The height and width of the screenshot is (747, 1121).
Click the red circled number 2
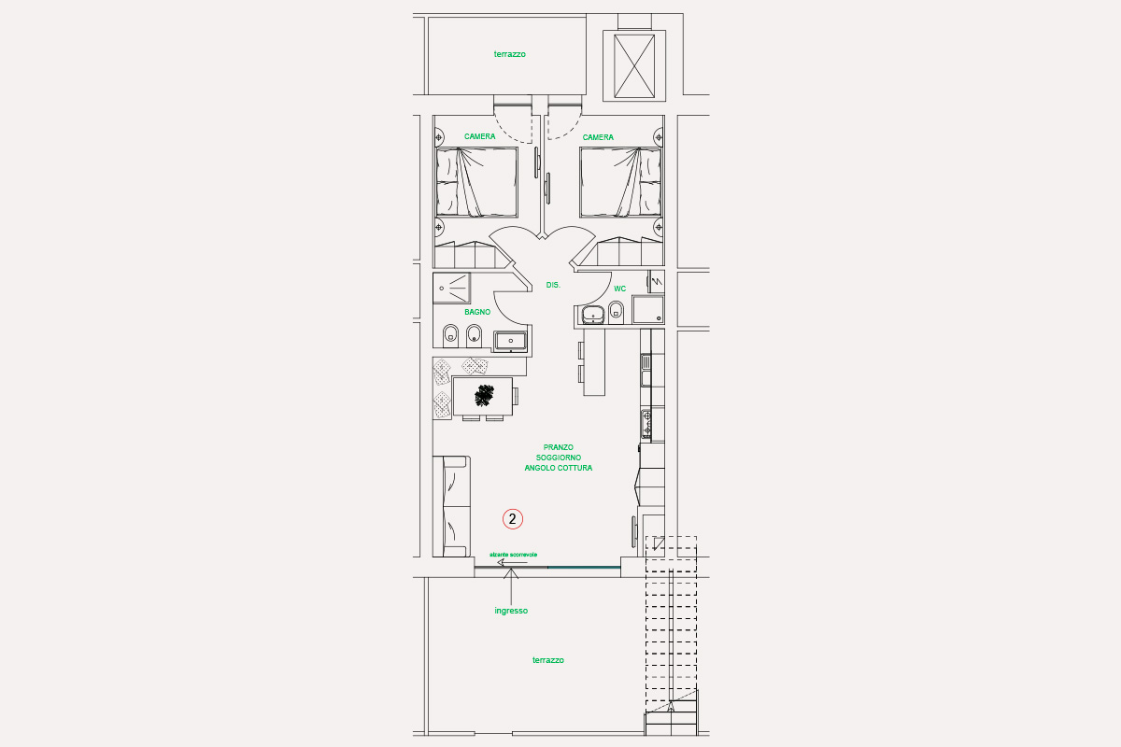tap(513, 519)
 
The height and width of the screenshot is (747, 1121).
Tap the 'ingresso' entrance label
tap(511, 611)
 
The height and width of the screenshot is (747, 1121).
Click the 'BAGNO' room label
tap(477, 312)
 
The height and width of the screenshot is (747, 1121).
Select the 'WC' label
tap(619, 289)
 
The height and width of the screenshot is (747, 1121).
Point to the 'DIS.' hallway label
tap(553, 285)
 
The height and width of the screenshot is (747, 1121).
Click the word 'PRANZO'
tap(558, 447)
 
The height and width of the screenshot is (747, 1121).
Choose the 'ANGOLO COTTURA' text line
tap(558, 468)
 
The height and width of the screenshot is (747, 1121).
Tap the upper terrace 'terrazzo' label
tap(509, 54)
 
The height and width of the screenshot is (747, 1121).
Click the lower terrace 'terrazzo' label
tap(548, 660)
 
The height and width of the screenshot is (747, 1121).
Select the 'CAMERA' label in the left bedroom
tap(479, 136)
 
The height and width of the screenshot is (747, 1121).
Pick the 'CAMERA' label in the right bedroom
tap(598, 137)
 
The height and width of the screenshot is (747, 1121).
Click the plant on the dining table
tap(484, 395)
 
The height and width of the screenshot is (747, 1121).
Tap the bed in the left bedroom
tap(477, 183)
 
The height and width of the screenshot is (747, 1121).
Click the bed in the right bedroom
tap(620, 183)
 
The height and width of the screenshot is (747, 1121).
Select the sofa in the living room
tap(451, 506)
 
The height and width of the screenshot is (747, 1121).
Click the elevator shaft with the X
tap(634, 66)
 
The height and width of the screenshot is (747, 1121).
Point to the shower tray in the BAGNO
tap(451, 289)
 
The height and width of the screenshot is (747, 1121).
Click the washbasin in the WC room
tap(593, 315)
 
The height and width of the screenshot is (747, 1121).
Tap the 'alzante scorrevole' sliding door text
tap(514, 555)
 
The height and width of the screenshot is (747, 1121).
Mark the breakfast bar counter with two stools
tap(594, 361)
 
